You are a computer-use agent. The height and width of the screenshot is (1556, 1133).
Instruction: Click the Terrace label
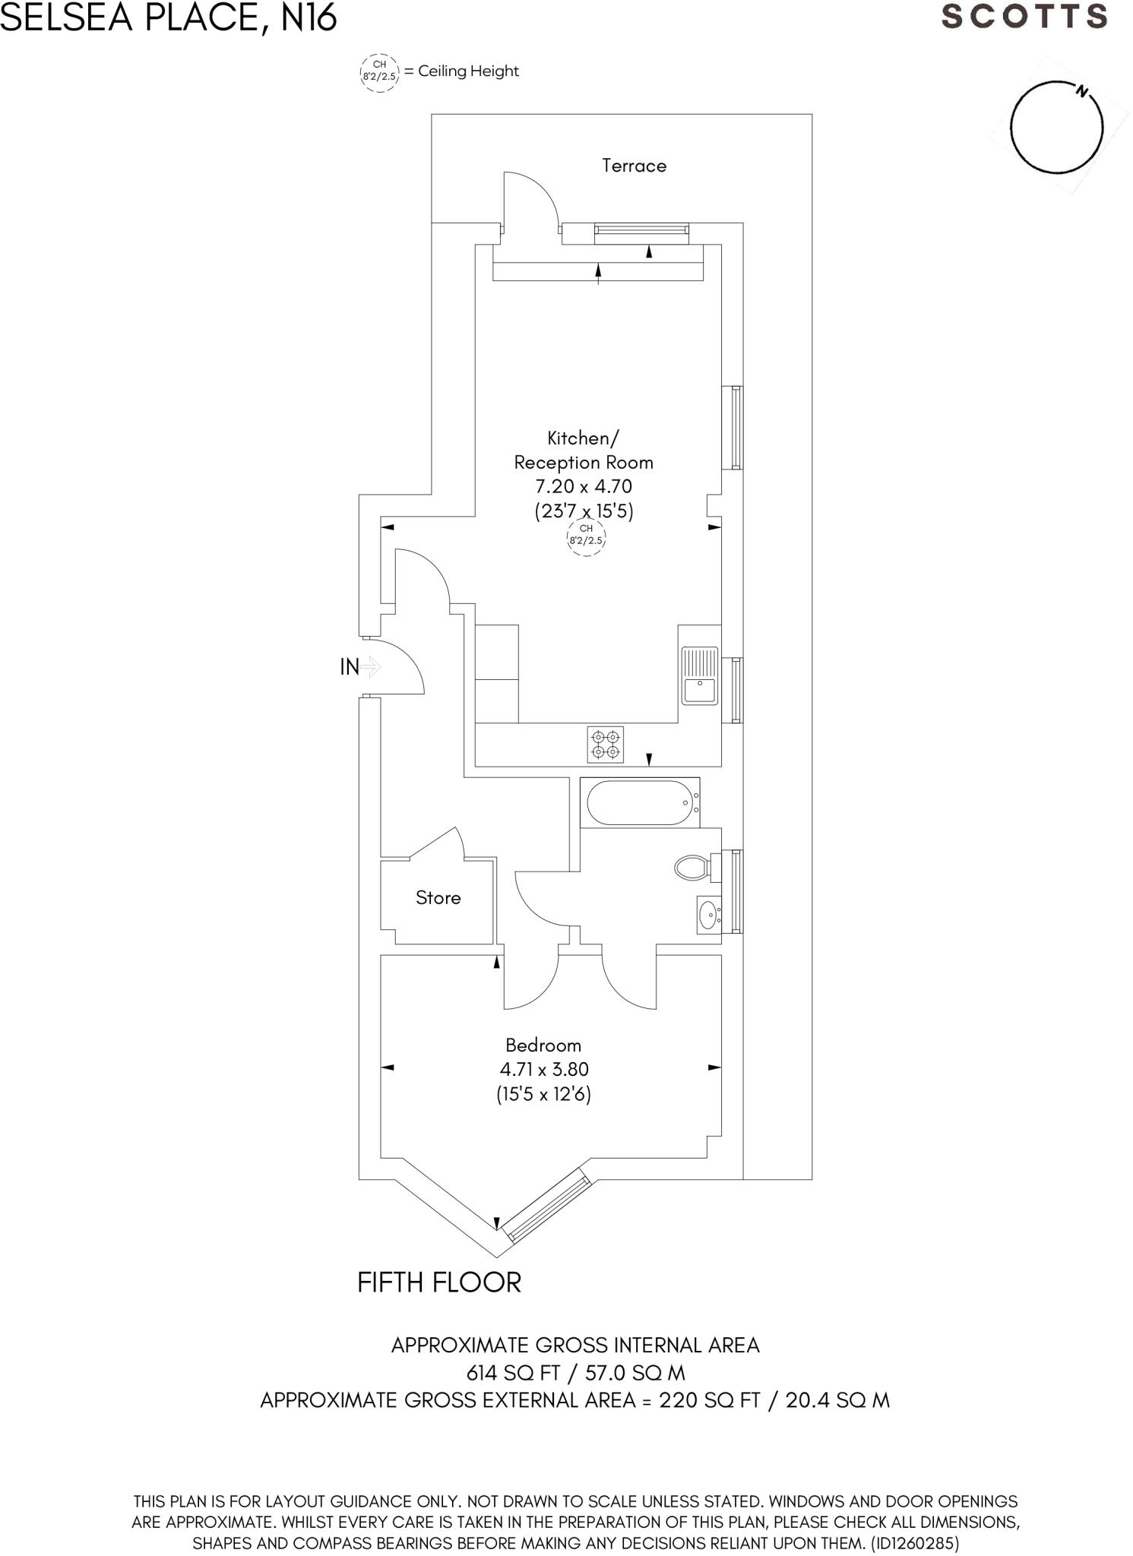click(634, 166)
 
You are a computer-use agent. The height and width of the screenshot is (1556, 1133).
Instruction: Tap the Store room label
click(438, 898)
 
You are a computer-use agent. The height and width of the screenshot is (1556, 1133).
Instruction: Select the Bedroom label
click(543, 1045)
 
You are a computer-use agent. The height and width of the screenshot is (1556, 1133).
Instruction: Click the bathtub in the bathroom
click(639, 802)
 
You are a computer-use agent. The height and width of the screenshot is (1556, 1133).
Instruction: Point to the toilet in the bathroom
click(692, 868)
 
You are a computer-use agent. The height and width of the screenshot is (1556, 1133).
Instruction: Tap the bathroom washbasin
click(708, 915)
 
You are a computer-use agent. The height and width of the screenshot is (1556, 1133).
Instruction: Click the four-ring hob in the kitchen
click(606, 745)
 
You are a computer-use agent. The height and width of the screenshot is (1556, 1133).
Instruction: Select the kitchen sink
click(699, 675)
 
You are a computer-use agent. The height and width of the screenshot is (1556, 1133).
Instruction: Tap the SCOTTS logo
click(1024, 17)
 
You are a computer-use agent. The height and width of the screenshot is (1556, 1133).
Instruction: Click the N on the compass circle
click(1081, 93)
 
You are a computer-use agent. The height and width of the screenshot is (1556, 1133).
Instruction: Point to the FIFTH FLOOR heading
click(439, 1283)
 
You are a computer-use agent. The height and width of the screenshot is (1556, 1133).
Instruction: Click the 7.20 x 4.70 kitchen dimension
click(584, 486)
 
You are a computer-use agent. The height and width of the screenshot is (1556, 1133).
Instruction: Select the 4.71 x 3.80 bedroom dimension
click(544, 1070)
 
